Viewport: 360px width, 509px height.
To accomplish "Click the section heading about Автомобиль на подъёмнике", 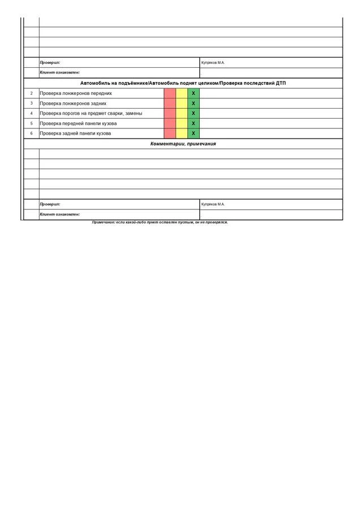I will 183,83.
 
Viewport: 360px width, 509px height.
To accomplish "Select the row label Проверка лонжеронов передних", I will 76,93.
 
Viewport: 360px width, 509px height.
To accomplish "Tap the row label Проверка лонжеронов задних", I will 73,103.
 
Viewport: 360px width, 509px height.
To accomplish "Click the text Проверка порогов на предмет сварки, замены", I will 91,113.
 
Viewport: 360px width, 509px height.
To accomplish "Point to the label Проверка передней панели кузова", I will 78,123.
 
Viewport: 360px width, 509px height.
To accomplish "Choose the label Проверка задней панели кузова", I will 75,133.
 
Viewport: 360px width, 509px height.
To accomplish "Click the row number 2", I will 31,93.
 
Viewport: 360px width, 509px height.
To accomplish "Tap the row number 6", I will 31,133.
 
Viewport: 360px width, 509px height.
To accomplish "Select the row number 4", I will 31,113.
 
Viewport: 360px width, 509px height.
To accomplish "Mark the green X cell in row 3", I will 193,103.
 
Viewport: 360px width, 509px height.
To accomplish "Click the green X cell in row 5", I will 193,123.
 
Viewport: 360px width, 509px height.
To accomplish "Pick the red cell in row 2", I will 170,93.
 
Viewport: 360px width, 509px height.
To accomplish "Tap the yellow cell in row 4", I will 182,113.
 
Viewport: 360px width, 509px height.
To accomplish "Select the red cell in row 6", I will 170,133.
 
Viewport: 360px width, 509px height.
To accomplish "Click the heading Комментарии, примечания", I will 183,144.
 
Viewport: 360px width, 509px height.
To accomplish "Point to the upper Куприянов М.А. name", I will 213,63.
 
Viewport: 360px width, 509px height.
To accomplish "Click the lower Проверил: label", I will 50,204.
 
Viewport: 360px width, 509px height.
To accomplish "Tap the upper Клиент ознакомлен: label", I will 59,73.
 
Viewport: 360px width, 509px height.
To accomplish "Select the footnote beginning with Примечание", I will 160,222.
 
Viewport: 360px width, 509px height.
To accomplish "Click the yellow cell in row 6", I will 182,133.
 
